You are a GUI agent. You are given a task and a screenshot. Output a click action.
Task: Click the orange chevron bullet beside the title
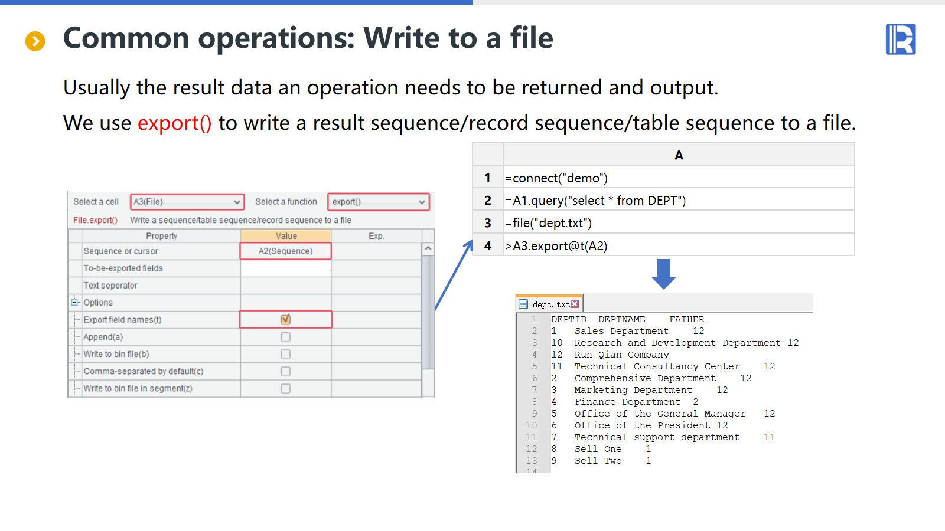[x=35, y=41]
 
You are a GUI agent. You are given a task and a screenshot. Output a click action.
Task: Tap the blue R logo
[x=901, y=39]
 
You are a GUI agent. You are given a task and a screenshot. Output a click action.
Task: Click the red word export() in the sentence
[x=175, y=123]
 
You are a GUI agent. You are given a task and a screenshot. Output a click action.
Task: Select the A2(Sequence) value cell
[x=286, y=251]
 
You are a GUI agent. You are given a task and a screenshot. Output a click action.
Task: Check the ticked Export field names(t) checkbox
[x=286, y=319]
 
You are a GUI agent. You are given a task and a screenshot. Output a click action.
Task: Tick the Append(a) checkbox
[x=286, y=337]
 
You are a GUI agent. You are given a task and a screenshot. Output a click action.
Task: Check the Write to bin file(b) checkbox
[x=286, y=355]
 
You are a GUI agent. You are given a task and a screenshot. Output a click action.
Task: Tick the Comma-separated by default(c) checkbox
[x=286, y=371]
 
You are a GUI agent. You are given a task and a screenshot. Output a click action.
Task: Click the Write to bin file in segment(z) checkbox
[x=286, y=389]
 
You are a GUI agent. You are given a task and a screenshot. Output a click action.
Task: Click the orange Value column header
[x=286, y=236]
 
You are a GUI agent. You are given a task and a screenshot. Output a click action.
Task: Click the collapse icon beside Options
[x=74, y=302]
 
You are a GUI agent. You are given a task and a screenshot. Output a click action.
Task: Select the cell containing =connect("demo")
[x=679, y=178]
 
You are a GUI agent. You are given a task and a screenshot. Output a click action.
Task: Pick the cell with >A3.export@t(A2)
[x=679, y=245]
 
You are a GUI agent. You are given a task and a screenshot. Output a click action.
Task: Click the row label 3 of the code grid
[x=488, y=223]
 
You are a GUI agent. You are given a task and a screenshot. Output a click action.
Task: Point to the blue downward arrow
[x=664, y=274]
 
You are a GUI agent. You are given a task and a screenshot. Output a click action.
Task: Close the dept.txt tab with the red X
[x=575, y=304]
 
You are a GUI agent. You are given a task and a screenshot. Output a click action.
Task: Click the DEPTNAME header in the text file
[x=622, y=319]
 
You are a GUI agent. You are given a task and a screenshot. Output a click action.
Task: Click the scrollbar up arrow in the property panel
[x=428, y=248]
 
